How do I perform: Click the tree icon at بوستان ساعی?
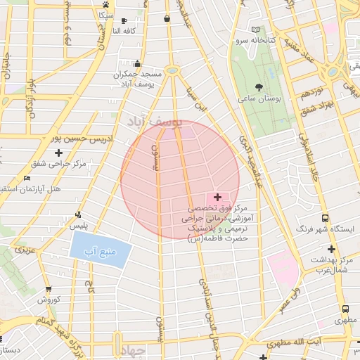(x=259, y=88)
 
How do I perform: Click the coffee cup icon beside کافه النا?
(x=125, y=21)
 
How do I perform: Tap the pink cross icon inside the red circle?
(x=217, y=198)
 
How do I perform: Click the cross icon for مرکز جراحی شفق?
(x=58, y=153)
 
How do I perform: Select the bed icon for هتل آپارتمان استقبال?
(x=27, y=179)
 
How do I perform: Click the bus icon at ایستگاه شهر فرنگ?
(x=325, y=218)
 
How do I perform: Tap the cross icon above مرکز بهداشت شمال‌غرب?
(x=330, y=249)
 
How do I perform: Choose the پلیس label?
(x=77, y=226)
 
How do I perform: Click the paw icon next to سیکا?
(x=105, y=4)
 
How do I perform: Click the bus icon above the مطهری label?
(x=345, y=309)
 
